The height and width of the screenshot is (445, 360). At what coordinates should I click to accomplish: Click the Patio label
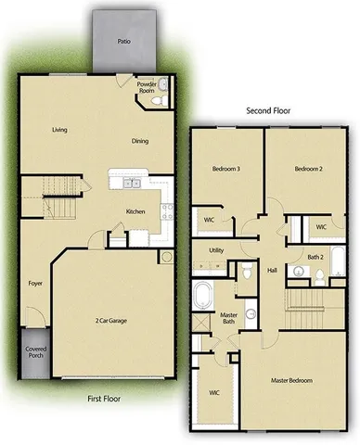pyautogui.click(x=123, y=42)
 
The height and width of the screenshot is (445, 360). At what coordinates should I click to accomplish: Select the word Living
pyautogui.click(x=60, y=131)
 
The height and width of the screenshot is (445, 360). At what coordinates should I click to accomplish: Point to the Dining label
pyautogui.click(x=140, y=141)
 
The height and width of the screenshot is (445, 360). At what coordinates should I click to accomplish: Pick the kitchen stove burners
pyautogui.click(x=168, y=210)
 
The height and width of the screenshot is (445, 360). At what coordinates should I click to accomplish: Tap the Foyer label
pyautogui.click(x=36, y=283)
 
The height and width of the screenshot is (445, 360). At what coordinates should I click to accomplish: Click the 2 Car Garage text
pyautogui.click(x=111, y=320)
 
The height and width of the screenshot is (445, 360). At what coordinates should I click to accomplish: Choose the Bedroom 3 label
pyautogui.click(x=226, y=169)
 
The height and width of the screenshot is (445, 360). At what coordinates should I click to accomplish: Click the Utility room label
pyautogui.click(x=216, y=250)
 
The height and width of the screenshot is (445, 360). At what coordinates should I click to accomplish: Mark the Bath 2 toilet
pyautogui.click(x=315, y=274)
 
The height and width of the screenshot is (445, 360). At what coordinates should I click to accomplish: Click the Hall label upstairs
pyautogui.click(x=273, y=270)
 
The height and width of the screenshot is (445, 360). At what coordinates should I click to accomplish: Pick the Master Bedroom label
pyautogui.click(x=291, y=380)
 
